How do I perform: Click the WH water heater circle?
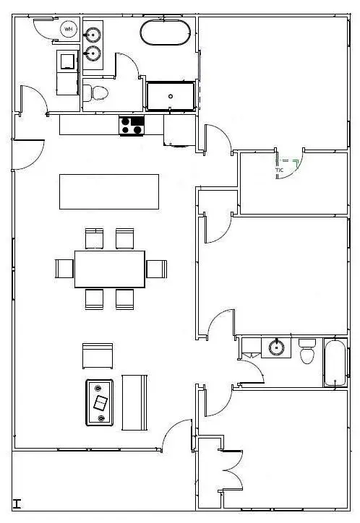[x=69, y=30]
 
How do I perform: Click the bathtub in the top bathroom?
[x=166, y=33]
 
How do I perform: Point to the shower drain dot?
[x=171, y=95]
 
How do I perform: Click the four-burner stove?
[x=132, y=126]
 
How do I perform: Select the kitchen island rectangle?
[x=109, y=191]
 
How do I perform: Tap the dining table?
[x=109, y=269]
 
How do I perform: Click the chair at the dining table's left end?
[x=64, y=269]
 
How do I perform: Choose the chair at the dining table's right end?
[x=156, y=269]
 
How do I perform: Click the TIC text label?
[x=279, y=170]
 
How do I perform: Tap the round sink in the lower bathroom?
[x=275, y=347]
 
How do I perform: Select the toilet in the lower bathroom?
[x=307, y=352]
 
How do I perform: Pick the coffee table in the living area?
[x=100, y=402]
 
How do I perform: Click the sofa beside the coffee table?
[x=134, y=402]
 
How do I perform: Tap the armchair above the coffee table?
[x=98, y=356]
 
